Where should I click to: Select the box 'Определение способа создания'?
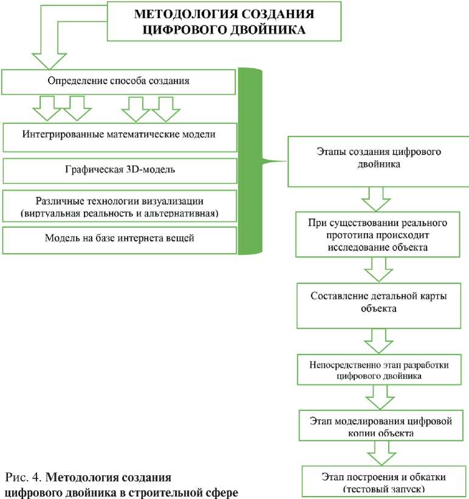click(x=119, y=81)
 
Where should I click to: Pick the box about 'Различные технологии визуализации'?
click(x=119, y=206)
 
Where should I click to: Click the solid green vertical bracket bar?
click(x=248, y=161)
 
